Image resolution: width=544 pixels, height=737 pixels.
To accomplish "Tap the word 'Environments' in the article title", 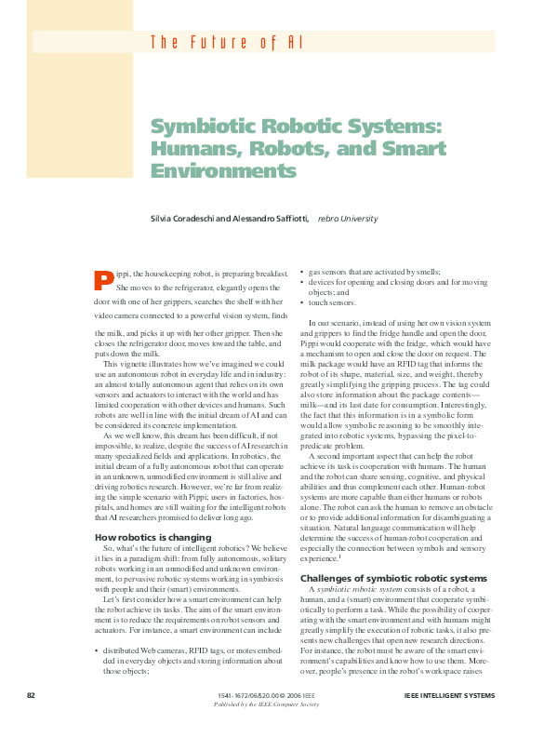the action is pos(223,172).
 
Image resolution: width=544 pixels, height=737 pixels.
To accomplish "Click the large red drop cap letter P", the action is pos(104,279).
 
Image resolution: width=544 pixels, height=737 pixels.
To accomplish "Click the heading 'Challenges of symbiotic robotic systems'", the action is pos(393,578).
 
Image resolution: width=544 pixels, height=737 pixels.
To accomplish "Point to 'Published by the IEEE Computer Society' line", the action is pos(266,704).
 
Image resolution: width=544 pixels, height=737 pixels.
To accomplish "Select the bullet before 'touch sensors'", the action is pos(303,302).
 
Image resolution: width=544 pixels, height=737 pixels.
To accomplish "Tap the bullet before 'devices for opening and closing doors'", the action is pos(303,281).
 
